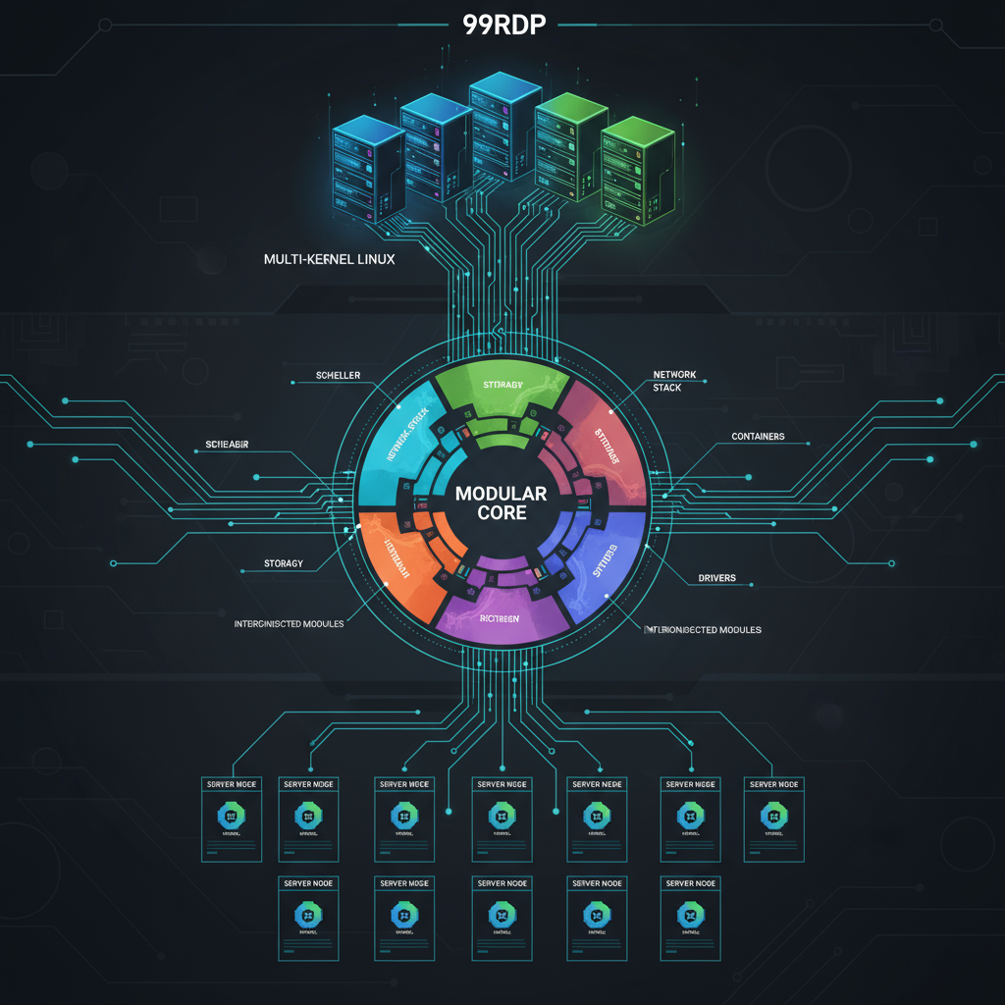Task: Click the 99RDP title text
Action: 502,24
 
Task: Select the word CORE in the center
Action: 502,513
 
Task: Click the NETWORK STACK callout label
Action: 673,381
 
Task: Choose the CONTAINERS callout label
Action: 758,436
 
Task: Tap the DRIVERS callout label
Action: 716,577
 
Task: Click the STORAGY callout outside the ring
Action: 283,563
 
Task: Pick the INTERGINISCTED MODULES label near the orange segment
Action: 289,624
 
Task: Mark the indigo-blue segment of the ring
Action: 607,564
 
